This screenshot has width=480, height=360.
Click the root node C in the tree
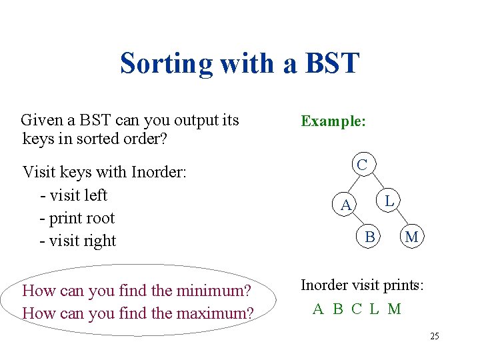pyautogui.click(x=362, y=164)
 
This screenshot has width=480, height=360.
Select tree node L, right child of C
pyautogui.click(x=391, y=200)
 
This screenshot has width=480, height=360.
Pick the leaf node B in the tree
pyautogui.click(x=369, y=236)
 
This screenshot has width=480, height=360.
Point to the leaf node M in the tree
pyautogui.click(x=412, y=236)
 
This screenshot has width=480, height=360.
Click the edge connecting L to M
pyautogui.click(x=401, y=218)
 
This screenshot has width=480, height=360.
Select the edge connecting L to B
pyautogui.click(x=381, y=217)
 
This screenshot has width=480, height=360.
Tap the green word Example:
pyautogui.click(x=333, y=121)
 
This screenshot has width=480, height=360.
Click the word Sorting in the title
pyautogui.click(x=165, y=64)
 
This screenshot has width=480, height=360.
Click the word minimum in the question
pyautogui.click(x=212, y=291)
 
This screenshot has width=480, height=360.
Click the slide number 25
pyautogui.click(x=434, y=336)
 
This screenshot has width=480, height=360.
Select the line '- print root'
pyautogui.click(x=77, y=218)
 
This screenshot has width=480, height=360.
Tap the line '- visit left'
pyautogui.click(x=73, y=195)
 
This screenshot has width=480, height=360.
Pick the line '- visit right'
pyautogui.click(x=78, y=241)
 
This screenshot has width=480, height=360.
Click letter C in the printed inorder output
pyautogui.click(x=357, y=309)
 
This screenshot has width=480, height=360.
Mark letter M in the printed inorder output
pyautogui.click(x=395, y=309)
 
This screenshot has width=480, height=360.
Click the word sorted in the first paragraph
pyautogui.click(x=105, y=139)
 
